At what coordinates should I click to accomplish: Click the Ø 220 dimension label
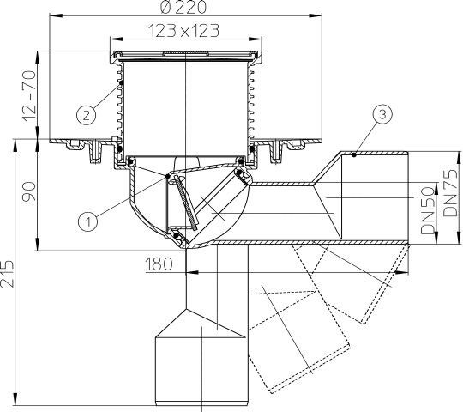tap(183, 7)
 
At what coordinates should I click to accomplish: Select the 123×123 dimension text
tap(183, 31)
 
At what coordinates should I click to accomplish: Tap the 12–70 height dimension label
tap(29, 95)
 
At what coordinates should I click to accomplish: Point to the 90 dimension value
tap(29, 191)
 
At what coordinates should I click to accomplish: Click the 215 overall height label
tap(7, 274)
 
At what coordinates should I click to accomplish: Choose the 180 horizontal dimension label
tap(159, 264)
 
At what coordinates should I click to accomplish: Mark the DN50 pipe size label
tap(428, 211)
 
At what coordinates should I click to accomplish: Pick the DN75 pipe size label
tap(451, 193)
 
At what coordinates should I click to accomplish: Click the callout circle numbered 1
tap(88, 221)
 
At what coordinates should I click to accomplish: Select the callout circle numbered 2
tap(86, 115)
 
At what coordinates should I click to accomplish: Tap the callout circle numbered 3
tap(382, 114)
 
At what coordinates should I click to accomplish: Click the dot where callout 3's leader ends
tap(355, 154)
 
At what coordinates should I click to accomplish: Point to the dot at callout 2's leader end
tap(121, 83)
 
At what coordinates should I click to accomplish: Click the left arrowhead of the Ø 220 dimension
tap(56, 15)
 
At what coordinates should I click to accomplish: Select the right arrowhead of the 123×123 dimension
tap(256, 39)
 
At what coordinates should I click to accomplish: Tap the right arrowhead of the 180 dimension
tap(402, 272)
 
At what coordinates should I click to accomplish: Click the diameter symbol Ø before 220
tap(166, 7)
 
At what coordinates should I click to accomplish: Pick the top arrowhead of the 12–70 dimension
tap(38, 58)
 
